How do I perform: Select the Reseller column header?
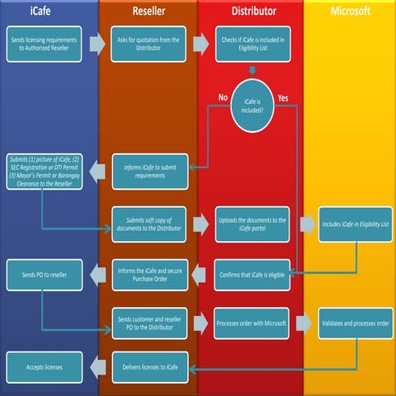(148, 11)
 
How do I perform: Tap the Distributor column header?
(250, 11)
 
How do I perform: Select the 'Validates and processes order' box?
(352, 323)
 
